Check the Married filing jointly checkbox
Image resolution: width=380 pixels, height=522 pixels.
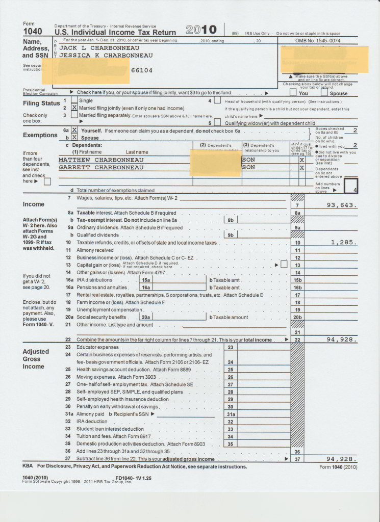coord(74,108)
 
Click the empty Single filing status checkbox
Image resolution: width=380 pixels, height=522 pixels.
coord(74,101)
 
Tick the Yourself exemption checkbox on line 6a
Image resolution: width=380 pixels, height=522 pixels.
coord(74,130)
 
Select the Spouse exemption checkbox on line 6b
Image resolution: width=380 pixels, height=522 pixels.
coord(74,138)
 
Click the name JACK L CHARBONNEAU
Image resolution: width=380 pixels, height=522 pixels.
coord(99,48)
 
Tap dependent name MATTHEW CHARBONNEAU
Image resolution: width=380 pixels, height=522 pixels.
coord(101,160)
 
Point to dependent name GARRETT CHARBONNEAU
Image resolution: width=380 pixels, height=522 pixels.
coord(101,167)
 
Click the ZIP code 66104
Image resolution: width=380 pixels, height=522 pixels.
coord(142,70)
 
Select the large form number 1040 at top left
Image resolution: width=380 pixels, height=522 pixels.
coord(33,32)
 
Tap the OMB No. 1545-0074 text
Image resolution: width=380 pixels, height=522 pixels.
coord(318,40)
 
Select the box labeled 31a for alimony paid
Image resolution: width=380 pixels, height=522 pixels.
coord(231,414)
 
